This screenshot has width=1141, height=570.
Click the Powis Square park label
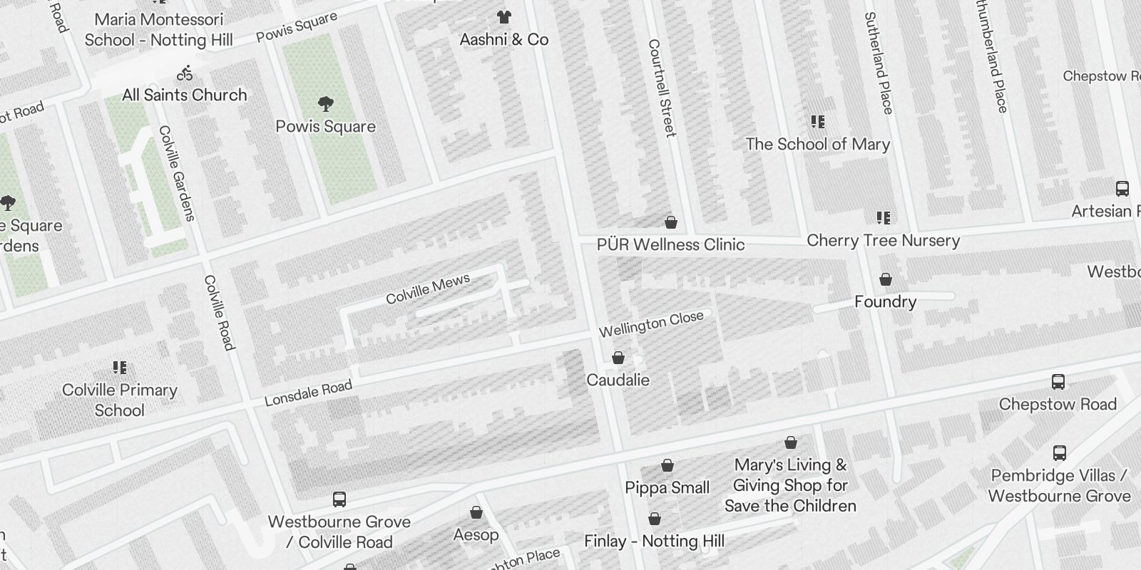(325, 127)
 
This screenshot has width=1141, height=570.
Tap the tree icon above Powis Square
(326, 104)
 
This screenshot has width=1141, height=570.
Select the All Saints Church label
(184, 95)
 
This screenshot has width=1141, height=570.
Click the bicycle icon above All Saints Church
(185, 73)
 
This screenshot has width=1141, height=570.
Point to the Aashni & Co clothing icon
(504, 17)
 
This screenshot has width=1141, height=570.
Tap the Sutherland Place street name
(878, 63)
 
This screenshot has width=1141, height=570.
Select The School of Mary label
(818, 144)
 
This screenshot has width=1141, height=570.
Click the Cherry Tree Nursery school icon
(884, 217)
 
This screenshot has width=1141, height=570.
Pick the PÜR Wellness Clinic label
(670, 244)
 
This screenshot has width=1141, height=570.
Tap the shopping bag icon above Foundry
(885, 279)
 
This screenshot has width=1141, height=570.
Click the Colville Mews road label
(428, 289)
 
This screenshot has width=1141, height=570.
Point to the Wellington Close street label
(651, 324)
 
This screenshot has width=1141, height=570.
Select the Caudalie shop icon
(618, 358)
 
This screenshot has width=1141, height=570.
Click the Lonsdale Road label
(308, 393)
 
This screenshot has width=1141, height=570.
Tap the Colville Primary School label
(119, 400)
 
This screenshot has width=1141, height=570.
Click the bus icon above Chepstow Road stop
(1058, 382)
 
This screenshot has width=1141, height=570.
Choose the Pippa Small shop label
(667, 487)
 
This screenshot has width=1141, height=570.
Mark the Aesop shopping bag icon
(476, 512)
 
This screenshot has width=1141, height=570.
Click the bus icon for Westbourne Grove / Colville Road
(339, 499)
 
